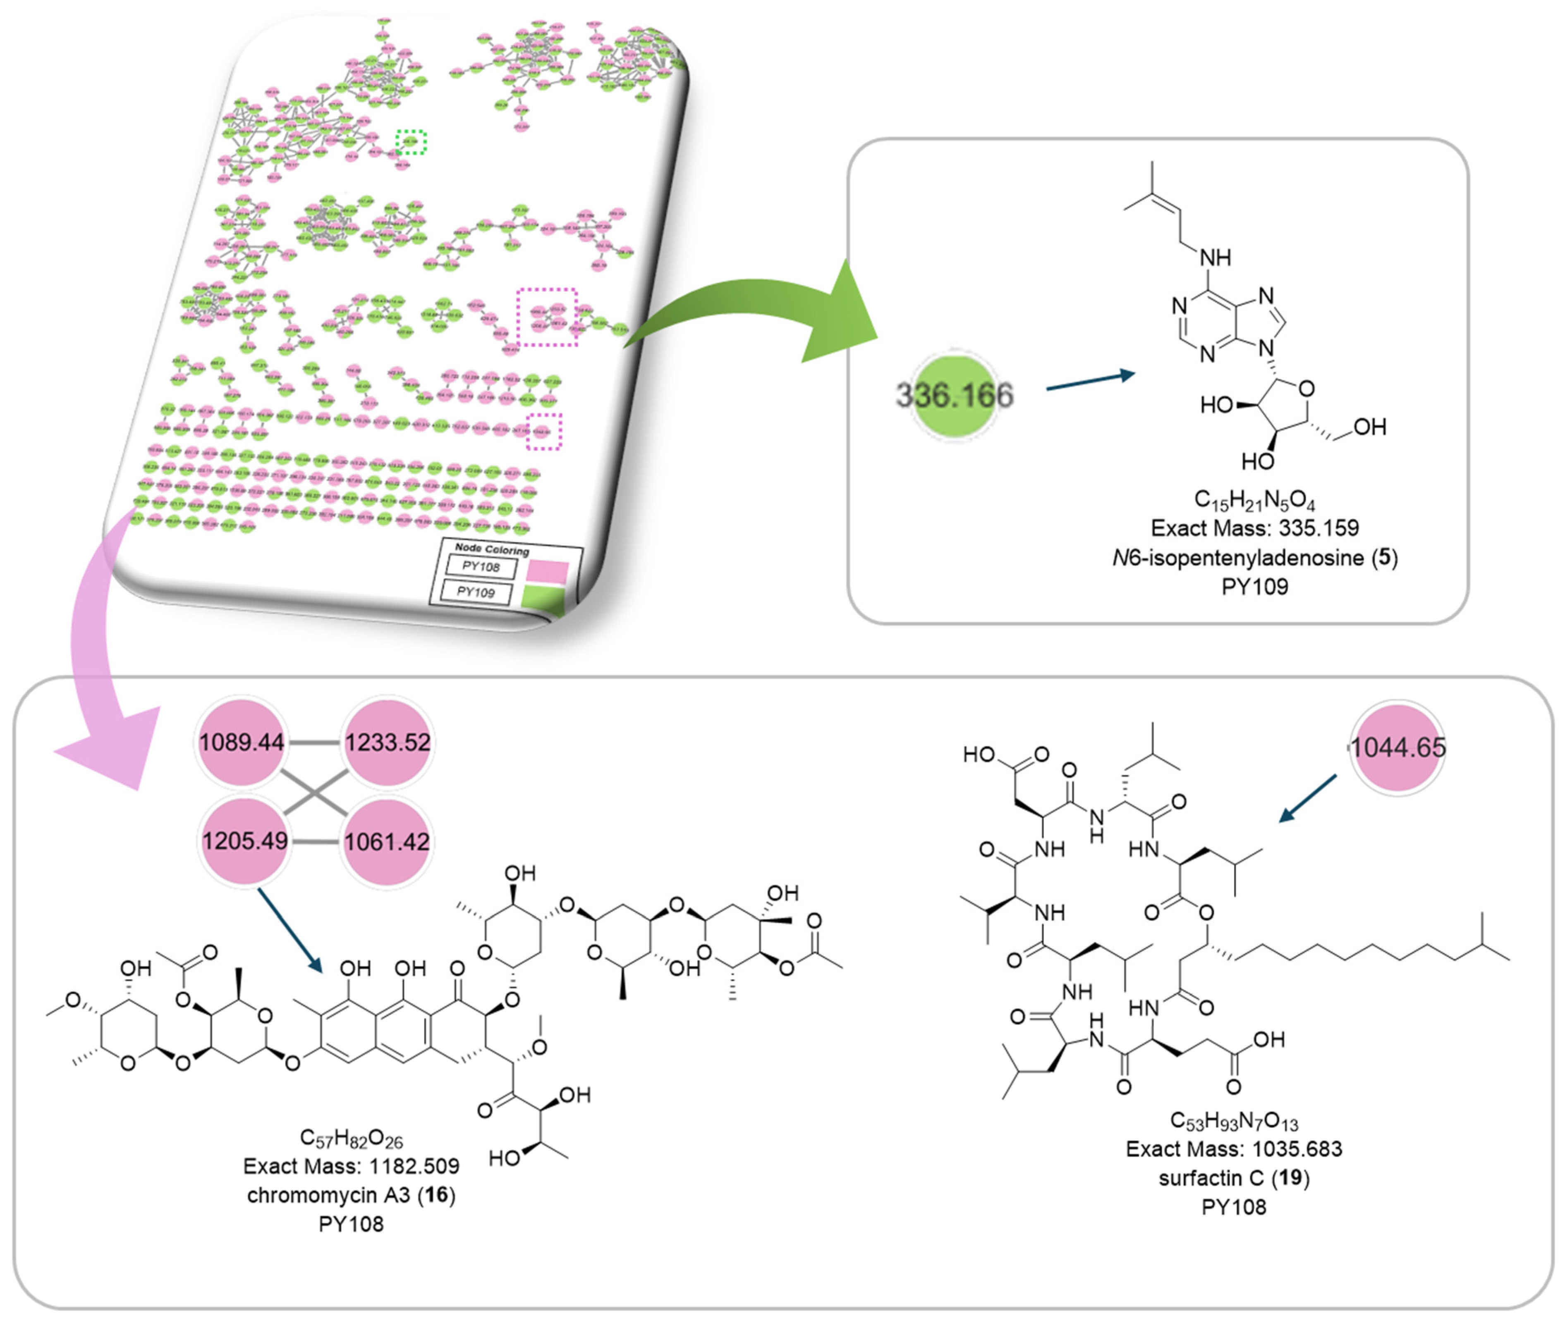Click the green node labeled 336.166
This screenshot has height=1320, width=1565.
tap(954, 395)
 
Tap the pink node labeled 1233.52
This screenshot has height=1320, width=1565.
tap(387, 742)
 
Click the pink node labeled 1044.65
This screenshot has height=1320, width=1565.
tap(1397, 747)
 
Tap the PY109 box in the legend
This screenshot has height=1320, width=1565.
tap(476, 592)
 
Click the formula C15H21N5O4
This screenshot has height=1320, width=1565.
tap(1254, 500)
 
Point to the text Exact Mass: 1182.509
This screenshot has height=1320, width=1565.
tap(351, 1166)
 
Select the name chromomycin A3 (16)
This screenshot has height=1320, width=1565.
tap(351, 1195)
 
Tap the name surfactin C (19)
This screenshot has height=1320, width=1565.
tap(1234, 1178)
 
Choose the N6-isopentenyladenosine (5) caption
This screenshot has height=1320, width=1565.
tap(1254, 558)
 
